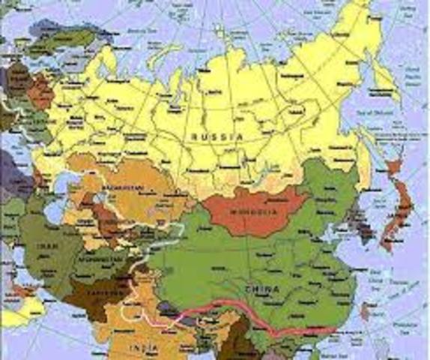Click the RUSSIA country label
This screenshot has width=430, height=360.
(x=216, y=136)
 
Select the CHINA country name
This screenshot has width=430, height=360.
(x=262, y=289)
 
